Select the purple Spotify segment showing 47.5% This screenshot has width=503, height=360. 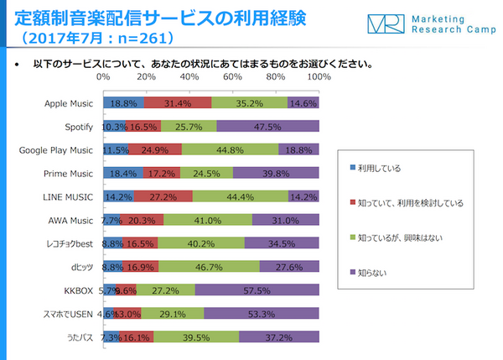(x=268, y=127)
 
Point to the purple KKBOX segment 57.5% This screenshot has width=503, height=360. (x=257, y=290)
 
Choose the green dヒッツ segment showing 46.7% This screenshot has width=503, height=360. (x=210, y=267)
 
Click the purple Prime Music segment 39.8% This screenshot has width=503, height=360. (x=276, y=174)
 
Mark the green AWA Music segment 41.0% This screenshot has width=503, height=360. (x=208, y=221)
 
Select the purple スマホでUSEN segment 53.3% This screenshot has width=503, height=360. (x=262, y=314)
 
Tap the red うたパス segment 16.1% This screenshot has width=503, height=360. (x=137, y=337)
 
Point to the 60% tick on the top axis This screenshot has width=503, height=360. (x=233, y=77)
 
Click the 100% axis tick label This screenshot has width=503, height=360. (x=319, y=77)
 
